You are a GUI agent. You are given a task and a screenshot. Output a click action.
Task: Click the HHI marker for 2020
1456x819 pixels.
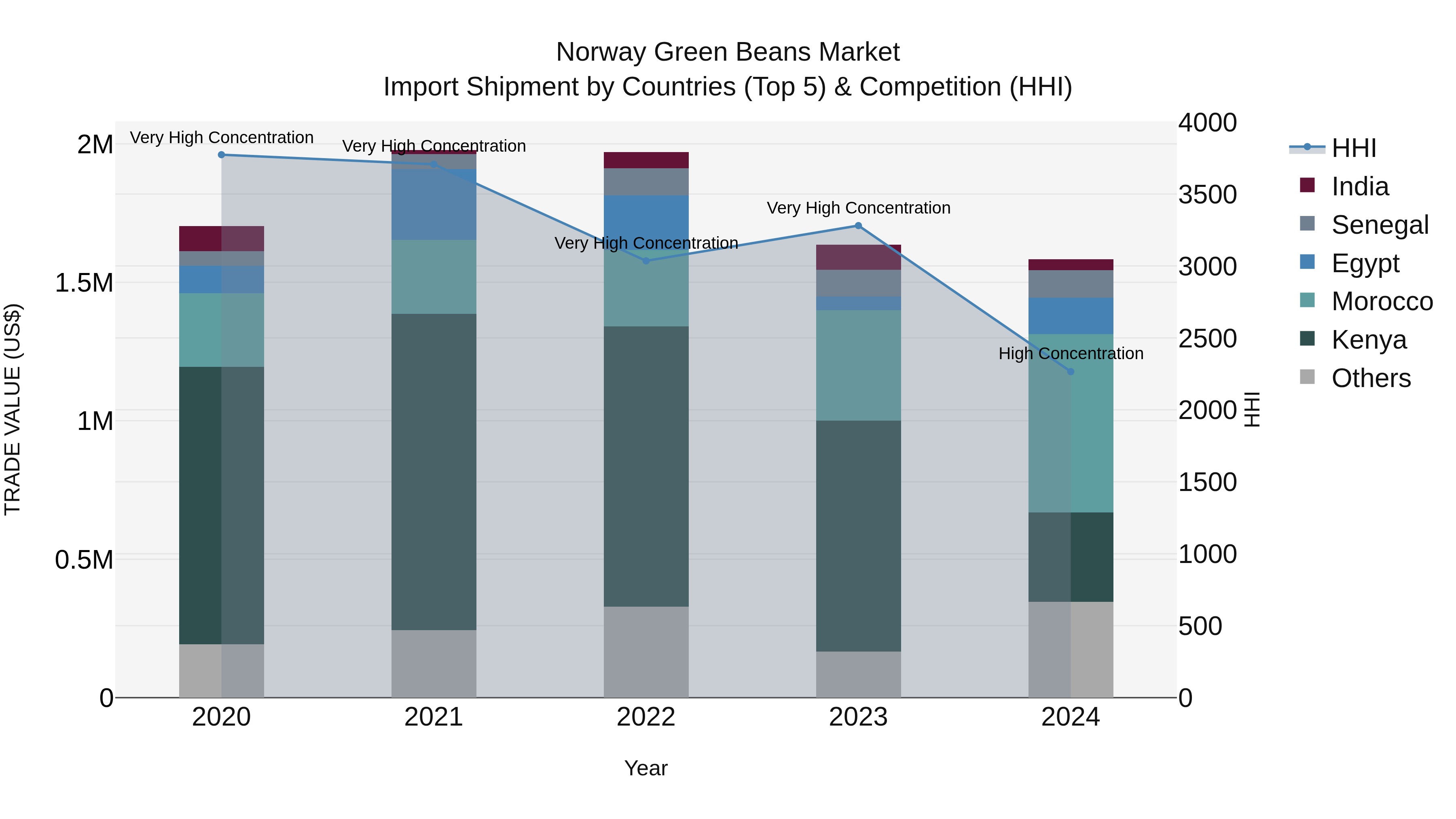click(x=222, y=155)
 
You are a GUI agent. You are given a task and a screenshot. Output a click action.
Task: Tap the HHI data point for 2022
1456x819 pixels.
click(x=646, y=260)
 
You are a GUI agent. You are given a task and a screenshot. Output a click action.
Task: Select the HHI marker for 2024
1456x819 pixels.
click(x=1071, y=371)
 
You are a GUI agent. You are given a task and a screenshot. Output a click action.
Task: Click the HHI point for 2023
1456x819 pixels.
click(x=858, y=226)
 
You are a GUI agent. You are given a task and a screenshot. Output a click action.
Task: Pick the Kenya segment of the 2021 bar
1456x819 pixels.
click(x=434, y=472)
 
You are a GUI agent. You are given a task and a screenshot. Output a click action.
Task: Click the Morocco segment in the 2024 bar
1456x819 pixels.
click(x=1071, y=423)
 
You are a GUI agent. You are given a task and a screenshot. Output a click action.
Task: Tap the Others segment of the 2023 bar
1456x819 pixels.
click(x=858, y=674)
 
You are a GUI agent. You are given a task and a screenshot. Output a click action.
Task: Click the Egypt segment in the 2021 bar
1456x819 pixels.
click(x=434, y=205)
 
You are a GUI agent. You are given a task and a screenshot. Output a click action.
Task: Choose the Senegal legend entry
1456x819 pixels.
click(x=1380, y=225)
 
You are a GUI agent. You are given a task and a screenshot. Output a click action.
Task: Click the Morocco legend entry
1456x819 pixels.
click(x=1382, y=301)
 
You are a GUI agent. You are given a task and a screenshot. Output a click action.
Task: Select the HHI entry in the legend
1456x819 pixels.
click(x=1353, y=148)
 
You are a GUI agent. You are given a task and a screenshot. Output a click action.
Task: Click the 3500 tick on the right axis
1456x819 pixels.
click(x=1207, y=195)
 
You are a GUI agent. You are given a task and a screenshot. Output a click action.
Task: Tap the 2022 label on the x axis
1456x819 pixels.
click(x=646, y=717)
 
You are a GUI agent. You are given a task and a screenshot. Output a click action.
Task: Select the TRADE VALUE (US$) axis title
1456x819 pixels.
click(x=13, y=409)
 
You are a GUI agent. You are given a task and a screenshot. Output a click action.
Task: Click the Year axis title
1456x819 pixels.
click(x=645, y=768)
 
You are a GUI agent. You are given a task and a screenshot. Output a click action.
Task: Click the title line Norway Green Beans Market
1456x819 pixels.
click(x=728, y=52)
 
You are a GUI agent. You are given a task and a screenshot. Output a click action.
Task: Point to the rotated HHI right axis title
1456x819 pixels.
click(x=1253, y=409)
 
